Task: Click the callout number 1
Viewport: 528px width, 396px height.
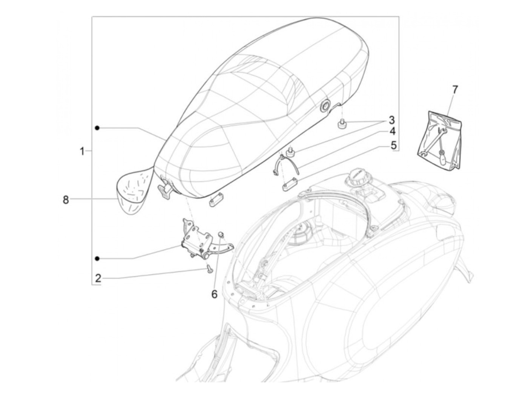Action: (82, 152)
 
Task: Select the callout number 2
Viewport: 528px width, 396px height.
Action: (98, 279)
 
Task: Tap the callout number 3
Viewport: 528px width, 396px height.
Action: (391, 120)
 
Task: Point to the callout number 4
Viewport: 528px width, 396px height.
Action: (392, 132)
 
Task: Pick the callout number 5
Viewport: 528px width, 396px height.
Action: (393, 145)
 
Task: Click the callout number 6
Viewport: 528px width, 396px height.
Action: (214, 294)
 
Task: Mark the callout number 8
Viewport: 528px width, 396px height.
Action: (66, 200)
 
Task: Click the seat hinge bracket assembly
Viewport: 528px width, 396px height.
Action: (195, 241)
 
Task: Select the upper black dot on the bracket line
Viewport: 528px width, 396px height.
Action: (97, 128)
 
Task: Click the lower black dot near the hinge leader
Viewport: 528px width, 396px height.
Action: (97, 258)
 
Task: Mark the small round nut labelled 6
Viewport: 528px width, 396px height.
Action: (222, 235)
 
